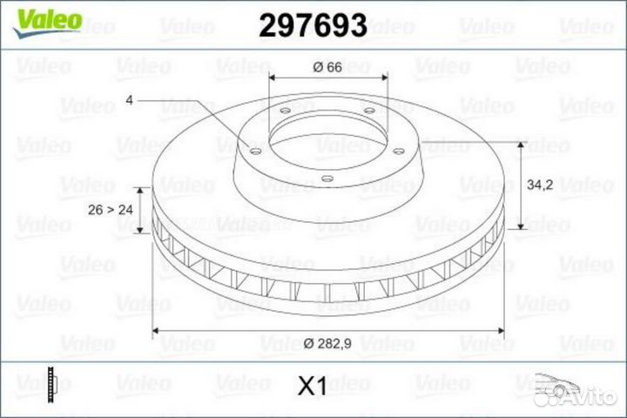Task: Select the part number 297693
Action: (313, 27)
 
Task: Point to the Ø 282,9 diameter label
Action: (328, 344)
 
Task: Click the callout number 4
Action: (129, 101)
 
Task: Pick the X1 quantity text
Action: (311, 387)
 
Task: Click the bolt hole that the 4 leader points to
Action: (253, 152)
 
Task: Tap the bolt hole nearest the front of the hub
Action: (325, 180)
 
